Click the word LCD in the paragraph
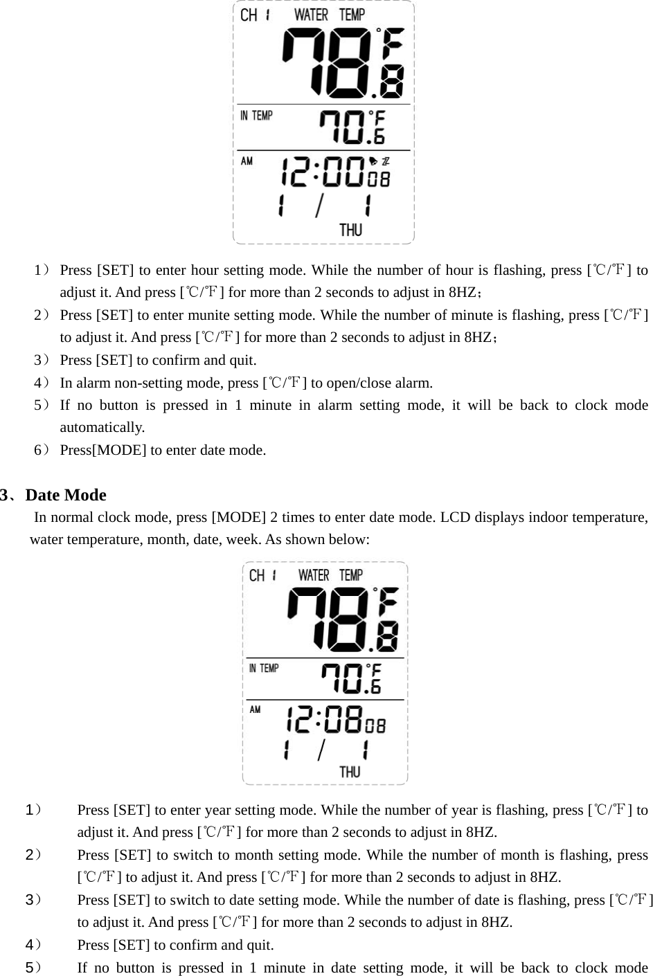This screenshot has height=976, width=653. tap(453, 517)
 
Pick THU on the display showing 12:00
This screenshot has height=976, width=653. tap(350, 230)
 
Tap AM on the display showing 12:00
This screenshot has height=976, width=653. tap(247, 161)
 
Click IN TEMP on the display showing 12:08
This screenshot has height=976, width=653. tap(264, 668)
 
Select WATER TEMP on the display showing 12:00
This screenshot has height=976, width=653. tap(330, 15)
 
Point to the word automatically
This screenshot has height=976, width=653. tap(102, 427)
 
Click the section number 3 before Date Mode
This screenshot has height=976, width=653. tap(5, 495)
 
